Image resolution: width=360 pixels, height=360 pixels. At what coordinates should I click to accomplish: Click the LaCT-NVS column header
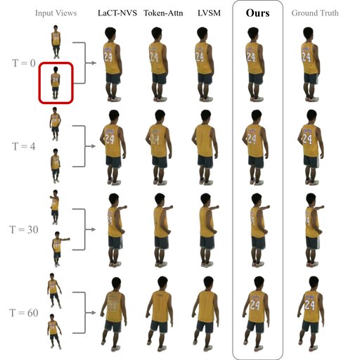tap(117, 13)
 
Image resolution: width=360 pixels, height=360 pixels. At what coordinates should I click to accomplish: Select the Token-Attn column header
tap(163, 13)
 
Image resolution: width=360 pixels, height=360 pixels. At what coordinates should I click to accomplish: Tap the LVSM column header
tap(209, 13)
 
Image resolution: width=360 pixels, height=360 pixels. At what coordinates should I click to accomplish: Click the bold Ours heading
tap(257, 13)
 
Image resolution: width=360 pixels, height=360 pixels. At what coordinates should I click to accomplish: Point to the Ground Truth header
tap(315, 13)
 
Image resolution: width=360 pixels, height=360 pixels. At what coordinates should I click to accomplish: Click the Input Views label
tap(56, 13)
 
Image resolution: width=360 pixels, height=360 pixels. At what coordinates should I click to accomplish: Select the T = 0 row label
tap(24, 63)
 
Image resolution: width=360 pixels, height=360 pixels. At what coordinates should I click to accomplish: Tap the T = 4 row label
tap(24, 146)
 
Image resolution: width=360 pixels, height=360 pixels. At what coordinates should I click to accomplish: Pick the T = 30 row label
tap(24, 230)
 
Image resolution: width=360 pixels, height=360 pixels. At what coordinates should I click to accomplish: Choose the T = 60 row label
tap(24, 313)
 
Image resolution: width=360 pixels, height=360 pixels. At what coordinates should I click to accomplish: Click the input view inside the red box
tap(56, 83)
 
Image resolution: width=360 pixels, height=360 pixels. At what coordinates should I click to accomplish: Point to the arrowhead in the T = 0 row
tap(94, 63)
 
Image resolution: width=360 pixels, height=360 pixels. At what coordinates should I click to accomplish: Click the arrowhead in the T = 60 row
tap(94, 313)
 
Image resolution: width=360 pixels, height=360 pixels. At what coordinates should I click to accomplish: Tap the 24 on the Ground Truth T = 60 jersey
tap(310, 305)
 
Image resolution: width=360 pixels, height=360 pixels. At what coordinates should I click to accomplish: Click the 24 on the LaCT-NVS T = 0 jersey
tap(108, 57)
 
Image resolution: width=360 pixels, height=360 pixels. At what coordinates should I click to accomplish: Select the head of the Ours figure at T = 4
tap(257, 116)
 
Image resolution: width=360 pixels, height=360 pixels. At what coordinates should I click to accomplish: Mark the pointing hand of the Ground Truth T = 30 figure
tap(321, 207)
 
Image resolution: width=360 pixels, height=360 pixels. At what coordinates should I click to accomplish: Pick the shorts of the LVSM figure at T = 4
tap(205, 161)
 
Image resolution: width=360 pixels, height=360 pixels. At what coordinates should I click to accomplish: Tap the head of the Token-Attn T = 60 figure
tap(162, 283)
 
